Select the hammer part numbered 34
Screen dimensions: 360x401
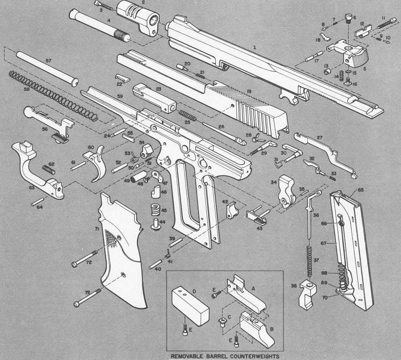287,192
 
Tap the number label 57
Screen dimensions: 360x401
48,60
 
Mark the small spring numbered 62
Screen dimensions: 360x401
49,169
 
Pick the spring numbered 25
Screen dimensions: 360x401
188,116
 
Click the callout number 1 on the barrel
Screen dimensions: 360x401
254,48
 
